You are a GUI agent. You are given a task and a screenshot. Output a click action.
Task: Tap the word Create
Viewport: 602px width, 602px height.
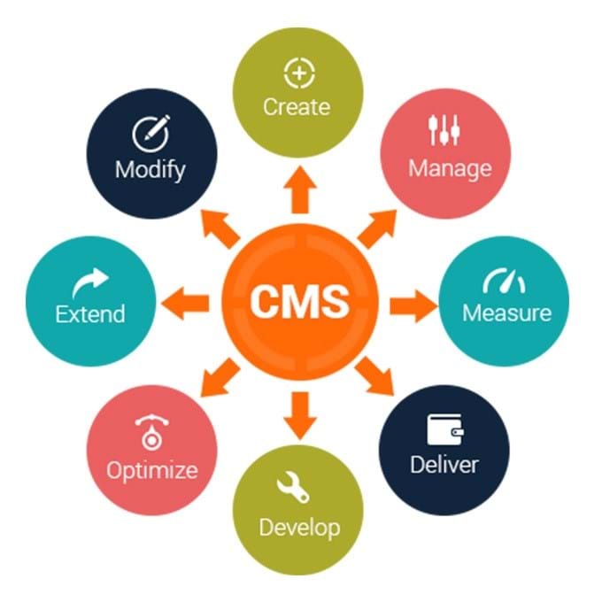pyautogui.click(x=297, y=107)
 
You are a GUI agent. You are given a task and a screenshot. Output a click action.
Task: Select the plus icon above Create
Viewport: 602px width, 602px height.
pyautogui.click(x=297, y=73)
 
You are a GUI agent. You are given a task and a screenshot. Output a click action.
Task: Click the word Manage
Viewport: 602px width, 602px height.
pyautogui.click(x=450, y=167)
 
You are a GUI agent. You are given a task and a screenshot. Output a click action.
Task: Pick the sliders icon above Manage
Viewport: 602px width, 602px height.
pyautogui.click(x=444, y=131)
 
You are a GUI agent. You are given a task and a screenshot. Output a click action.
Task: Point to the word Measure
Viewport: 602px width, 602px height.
pyautogui.click(x=506, y=313)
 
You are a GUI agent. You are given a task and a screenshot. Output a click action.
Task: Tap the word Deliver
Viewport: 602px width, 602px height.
pyautogui.click(x=444, y=464)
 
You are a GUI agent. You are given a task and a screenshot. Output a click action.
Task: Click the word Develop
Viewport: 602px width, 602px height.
pyautogui.click(x=299, y=528)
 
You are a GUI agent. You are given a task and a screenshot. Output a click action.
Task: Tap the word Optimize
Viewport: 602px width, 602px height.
pyautogui.click(x=152, y=469)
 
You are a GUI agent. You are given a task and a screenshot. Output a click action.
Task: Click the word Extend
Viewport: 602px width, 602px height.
pyautogui.click(x=90, y=313)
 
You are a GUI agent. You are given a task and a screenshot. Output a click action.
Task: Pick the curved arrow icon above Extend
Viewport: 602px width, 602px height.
pyautogui.click(x=90, y=282)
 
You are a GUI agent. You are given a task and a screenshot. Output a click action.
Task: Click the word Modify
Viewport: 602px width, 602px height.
pyautogui.click(x=150, y=168)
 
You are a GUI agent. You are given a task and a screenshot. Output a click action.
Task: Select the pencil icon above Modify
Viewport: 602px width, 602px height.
pyautogui.click(x=150, y=133)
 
